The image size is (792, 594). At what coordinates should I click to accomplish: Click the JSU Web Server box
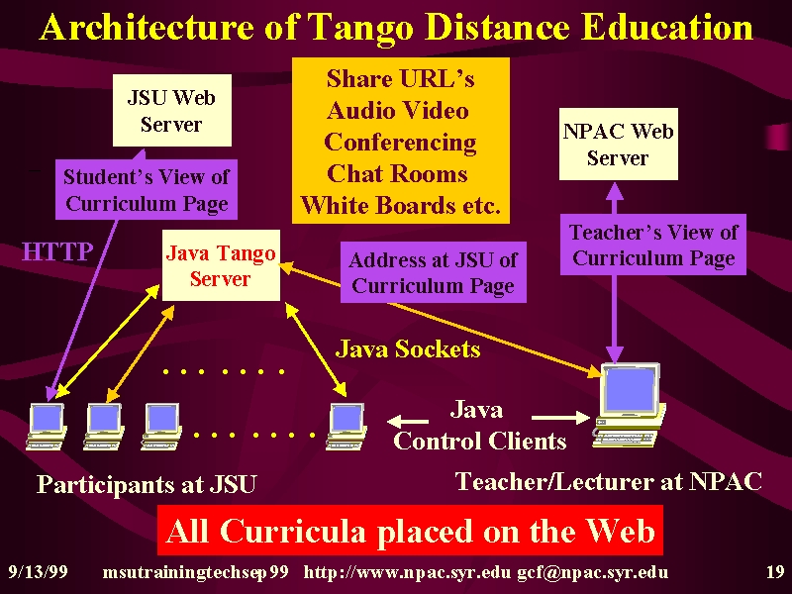tap(171, 110)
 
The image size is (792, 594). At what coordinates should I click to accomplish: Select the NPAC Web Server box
tap(618, 144)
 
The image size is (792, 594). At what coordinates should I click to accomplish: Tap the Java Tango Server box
tap(221, 265)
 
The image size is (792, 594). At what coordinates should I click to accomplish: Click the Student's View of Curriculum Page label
tap(147, 190)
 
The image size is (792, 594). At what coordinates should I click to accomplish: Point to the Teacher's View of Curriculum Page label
tap(653, 245)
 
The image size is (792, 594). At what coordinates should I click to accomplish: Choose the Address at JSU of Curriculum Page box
tap(434, 272)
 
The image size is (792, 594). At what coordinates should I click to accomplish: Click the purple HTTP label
tap(57, 251)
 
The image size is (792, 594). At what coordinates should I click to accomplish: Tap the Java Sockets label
tap(408, 349)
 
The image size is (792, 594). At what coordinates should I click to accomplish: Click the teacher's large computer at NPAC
tap(630, 405)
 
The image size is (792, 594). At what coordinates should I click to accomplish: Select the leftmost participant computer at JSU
tap(47, 426)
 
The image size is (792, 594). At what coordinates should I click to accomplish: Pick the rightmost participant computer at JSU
tap(346, 426)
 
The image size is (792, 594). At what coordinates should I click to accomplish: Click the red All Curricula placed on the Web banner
tap(410, 531)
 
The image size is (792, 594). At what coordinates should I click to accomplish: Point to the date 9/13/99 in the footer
tap(38, 572)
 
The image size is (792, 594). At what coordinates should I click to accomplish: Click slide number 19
tap(775, 572)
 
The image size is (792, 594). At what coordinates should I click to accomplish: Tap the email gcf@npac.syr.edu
tap(592, 573)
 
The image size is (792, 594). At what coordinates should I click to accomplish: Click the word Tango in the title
tap(360, 29)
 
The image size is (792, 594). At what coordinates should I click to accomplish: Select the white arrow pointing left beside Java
tap(408, 421)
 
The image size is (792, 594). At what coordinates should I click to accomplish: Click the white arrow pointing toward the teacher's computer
tap(560, 417)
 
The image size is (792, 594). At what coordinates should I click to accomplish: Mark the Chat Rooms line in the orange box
tap(397, 174)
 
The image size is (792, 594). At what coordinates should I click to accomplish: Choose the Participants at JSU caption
tap(147, 484)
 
